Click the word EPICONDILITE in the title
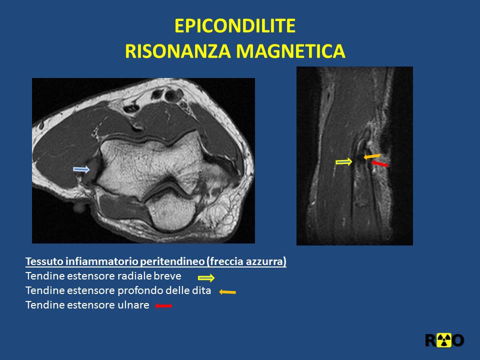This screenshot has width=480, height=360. tap(235, 25)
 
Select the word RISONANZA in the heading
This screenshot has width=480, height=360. tap(178, 51)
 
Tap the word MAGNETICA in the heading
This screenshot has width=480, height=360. tap(291, 51)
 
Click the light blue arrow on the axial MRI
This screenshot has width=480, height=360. tap(81, 169)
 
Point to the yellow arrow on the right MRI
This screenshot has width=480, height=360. tap(344, 161)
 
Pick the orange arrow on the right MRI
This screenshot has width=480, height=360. tap(371, 156)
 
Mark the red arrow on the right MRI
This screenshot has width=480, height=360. tap(380, 164)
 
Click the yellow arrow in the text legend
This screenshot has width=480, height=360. tap(206, 278)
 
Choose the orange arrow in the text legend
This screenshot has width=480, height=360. tap(227, 292)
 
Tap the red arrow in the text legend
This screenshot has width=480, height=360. tap(163, 305)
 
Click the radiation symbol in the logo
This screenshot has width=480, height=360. tap(444, 340)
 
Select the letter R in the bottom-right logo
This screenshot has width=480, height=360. tap(430, 340)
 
